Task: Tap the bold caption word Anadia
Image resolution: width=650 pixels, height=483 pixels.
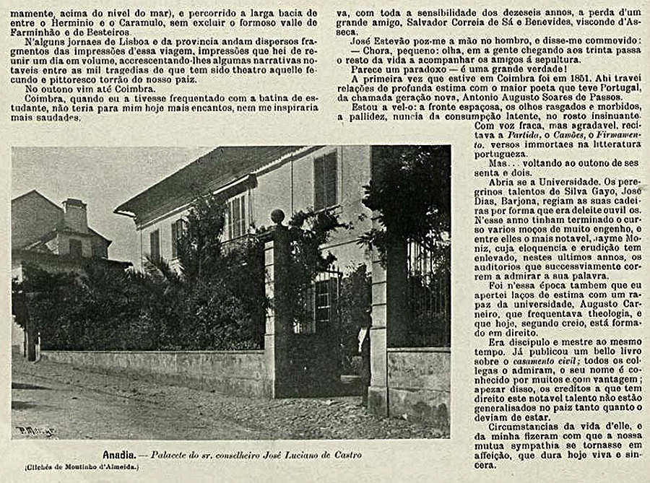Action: pyautogui.click(x=118, y=456)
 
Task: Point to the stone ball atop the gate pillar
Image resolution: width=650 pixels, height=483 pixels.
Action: pyautogui.click(x=277, y=217)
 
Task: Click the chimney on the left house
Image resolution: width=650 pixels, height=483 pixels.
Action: pyautogui.click(x=74, y=215)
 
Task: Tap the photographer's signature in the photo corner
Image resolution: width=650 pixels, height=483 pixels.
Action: pyautogui.click(x=35, y=430)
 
